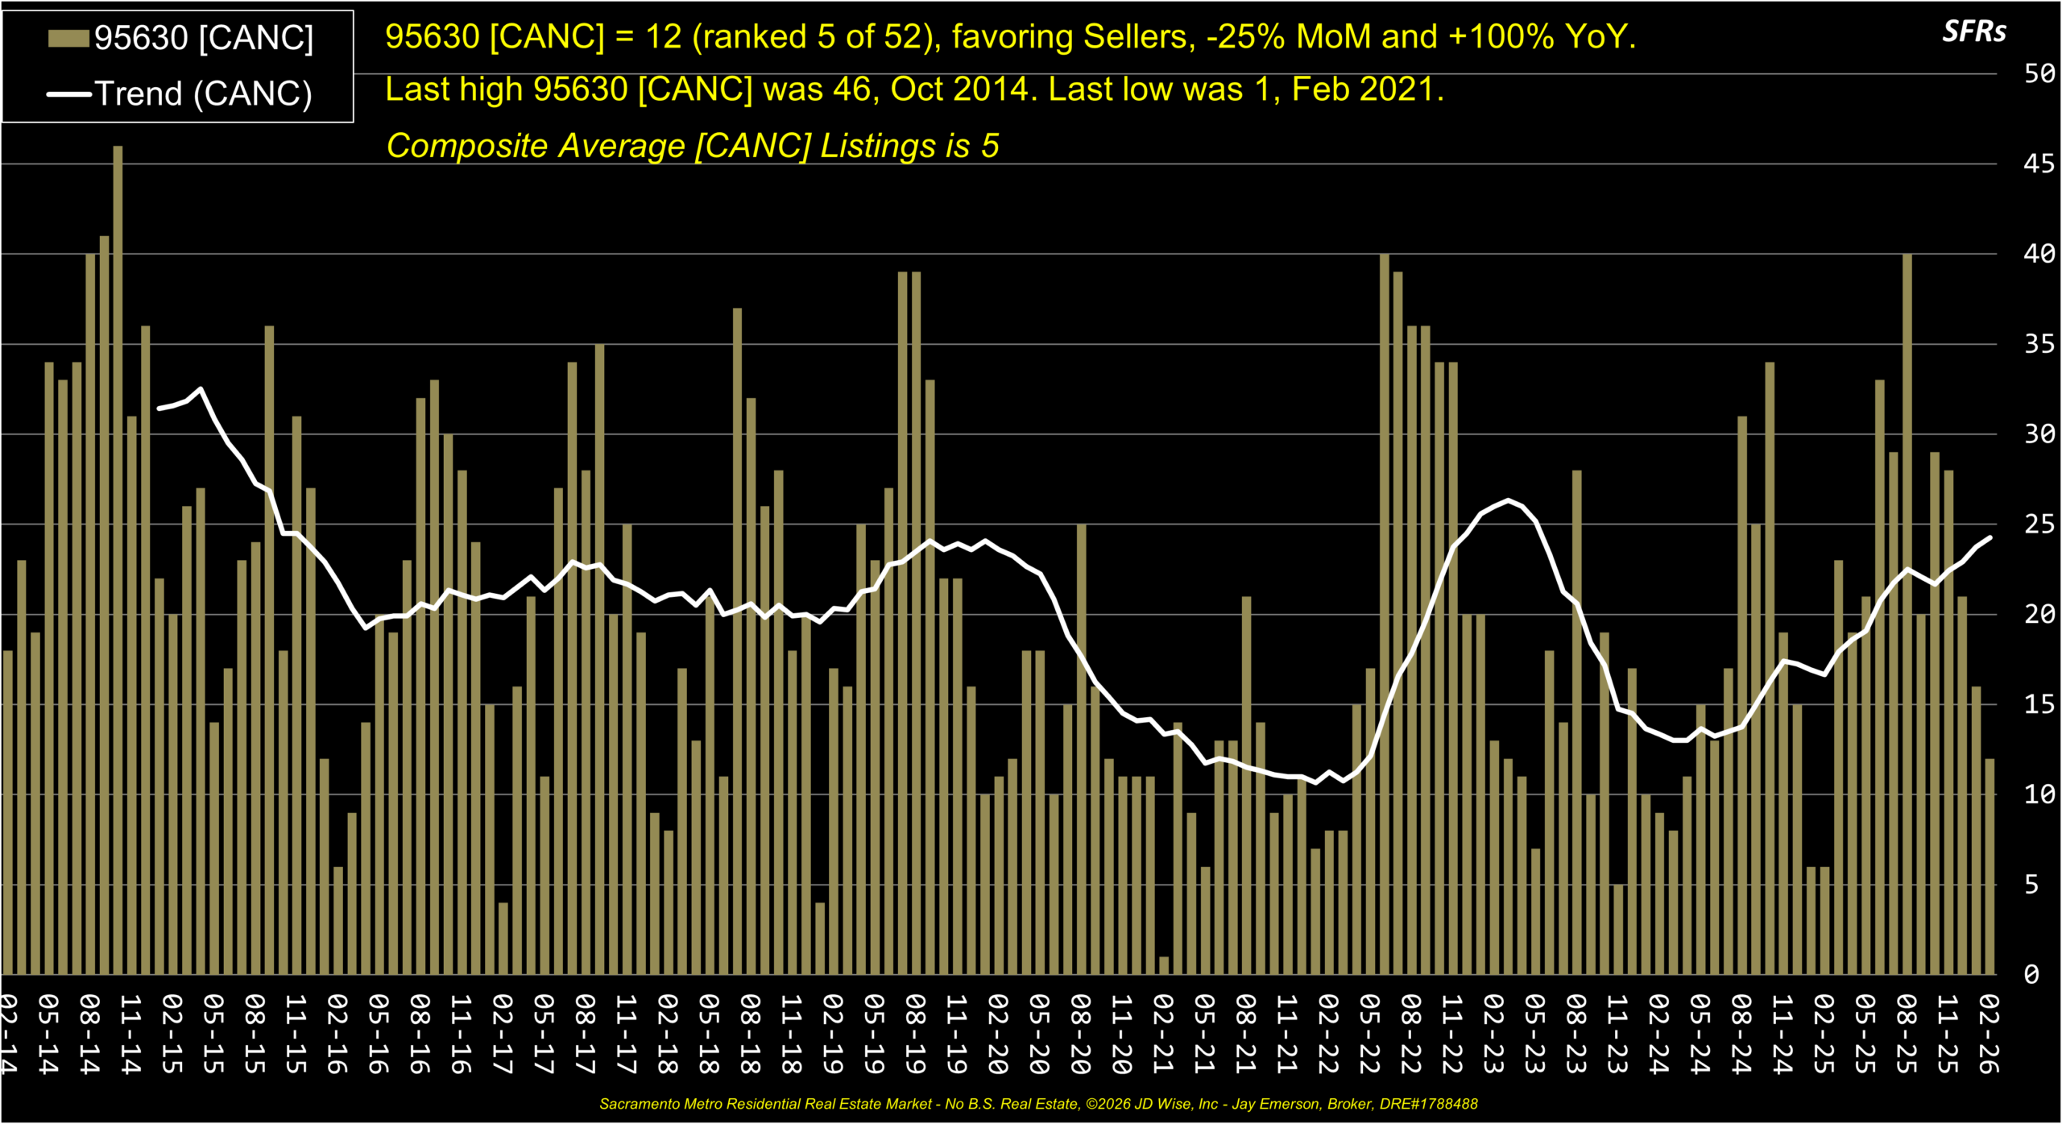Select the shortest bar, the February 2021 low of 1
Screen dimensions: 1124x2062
click(x=1164, y=965)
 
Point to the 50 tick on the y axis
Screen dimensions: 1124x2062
click(x=2039, y=74)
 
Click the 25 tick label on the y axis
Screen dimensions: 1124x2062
click(x=2039, y=525)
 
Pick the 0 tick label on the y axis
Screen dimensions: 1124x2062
click(x=2031, y=975)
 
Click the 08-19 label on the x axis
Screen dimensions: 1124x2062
click(x=915, y=1034)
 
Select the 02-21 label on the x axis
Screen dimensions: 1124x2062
click(x=1163, y=1034)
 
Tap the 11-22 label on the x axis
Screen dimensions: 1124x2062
click(x=1452, y=1034)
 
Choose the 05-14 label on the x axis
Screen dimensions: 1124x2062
click(x=48, y=1034)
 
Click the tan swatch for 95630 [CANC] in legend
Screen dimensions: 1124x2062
click(x=68, y=38)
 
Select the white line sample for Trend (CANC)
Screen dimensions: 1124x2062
click(x=68, y=94)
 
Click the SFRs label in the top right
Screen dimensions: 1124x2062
click(x=1974, y=31)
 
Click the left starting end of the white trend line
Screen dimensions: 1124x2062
click(x=159, y=409)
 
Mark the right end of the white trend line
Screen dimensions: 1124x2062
click(x=1990, y=537)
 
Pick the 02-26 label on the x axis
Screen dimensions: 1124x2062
click(x=1990, y=1034)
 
